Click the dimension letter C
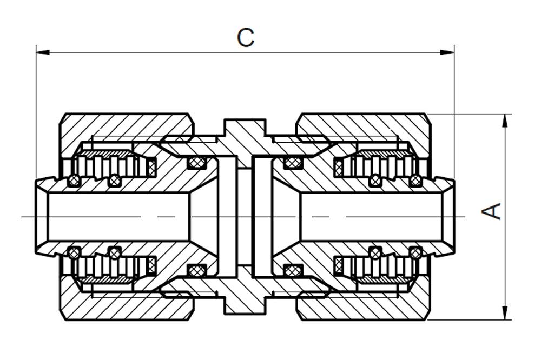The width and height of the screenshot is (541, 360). click(x=246, y=38)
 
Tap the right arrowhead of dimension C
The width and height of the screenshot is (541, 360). click(x=447, y=52)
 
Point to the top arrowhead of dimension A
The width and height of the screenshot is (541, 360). click(x=505, y=121)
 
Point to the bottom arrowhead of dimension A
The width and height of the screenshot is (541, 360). click(x=505, y=313)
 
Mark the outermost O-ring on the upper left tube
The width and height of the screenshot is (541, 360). click(x=74, y=180)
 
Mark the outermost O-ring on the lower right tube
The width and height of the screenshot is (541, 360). click(x=416, y=254)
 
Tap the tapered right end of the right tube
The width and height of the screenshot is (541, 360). click(x=448, y=217)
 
